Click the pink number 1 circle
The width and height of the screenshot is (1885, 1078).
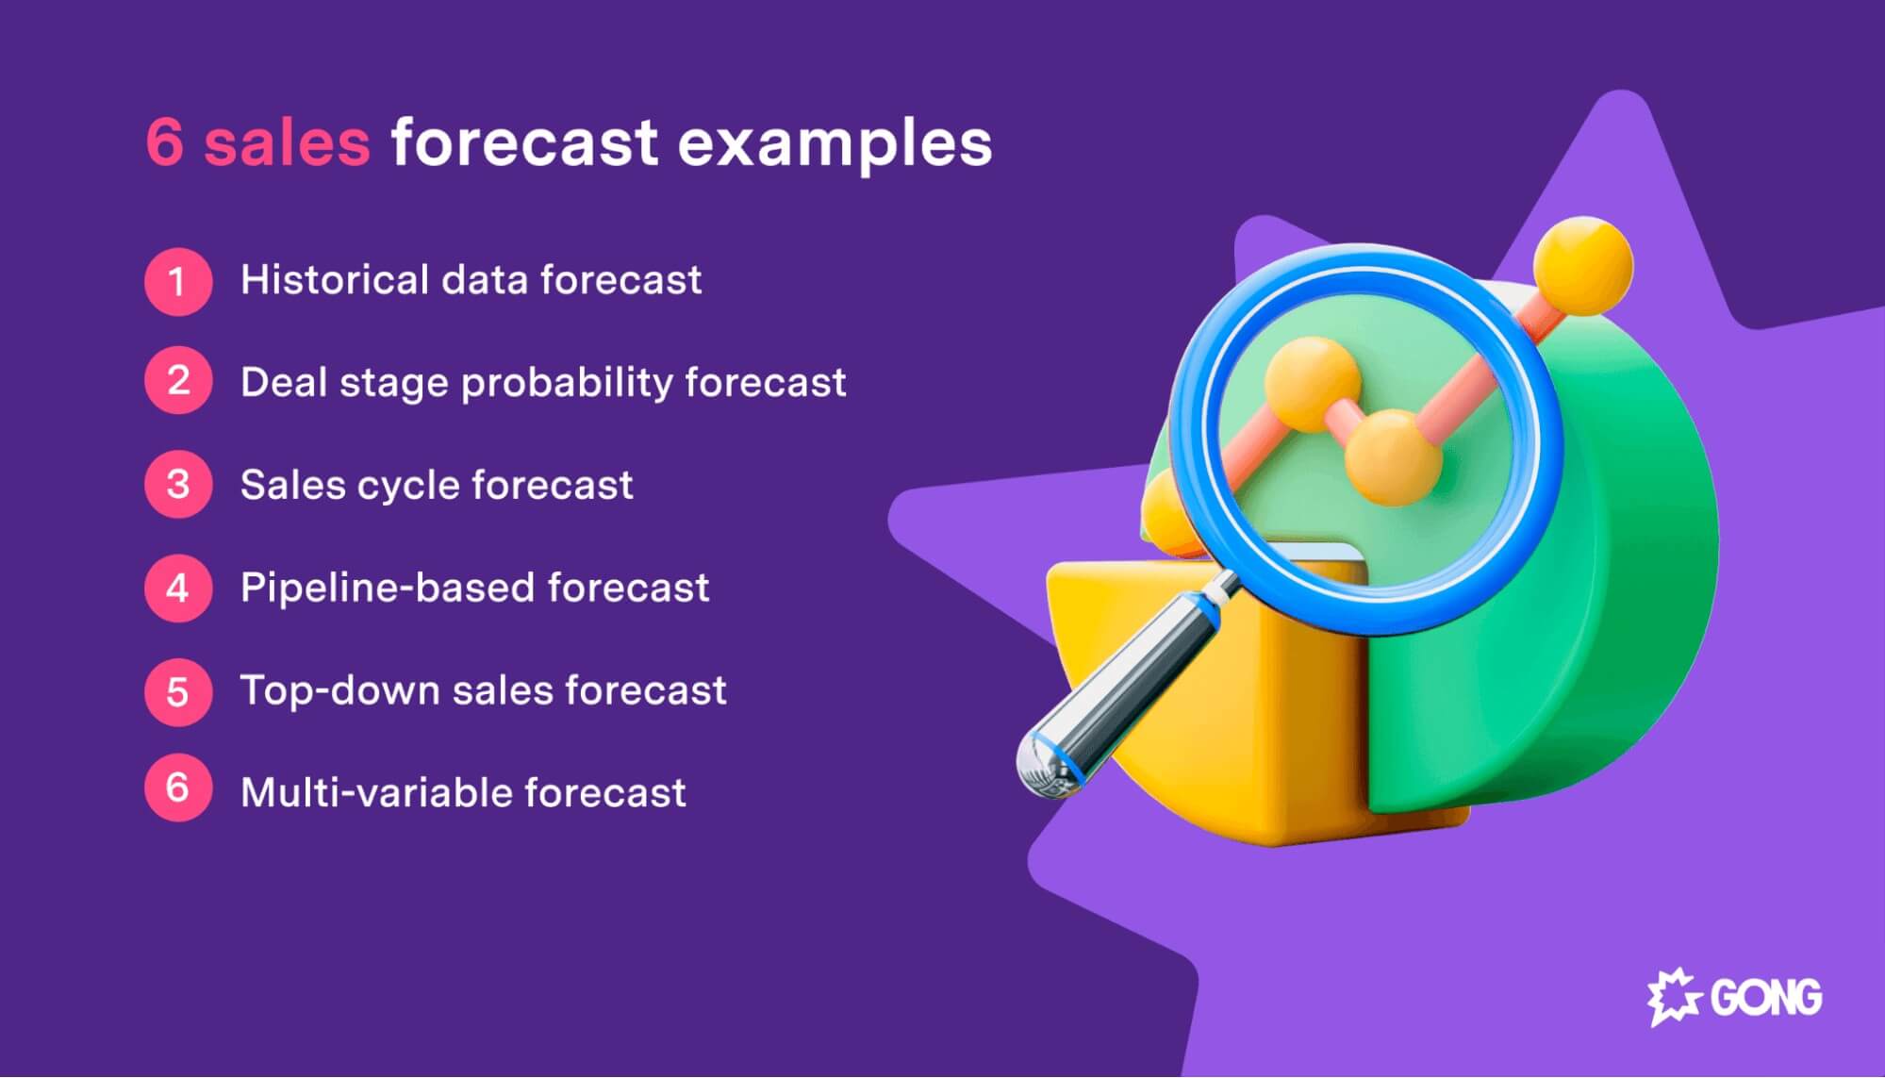[177, 281]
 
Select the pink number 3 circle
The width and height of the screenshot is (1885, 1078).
[177, 484]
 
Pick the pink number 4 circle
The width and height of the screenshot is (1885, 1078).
[177, 588]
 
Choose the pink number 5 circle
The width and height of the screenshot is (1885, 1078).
[177, 691]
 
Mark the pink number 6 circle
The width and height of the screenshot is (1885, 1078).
[177, 788]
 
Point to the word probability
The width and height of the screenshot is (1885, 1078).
[566, 384]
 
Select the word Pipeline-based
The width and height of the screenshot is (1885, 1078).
[388, 589]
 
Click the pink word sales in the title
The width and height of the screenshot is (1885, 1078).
[287, 143]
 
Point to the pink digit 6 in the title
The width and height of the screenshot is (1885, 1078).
[165, 143]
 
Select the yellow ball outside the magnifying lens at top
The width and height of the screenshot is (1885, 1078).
[1582, 266]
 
